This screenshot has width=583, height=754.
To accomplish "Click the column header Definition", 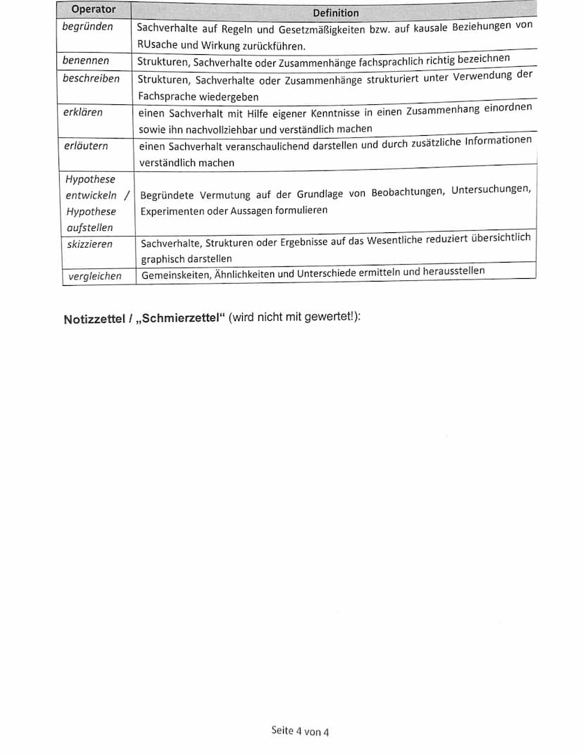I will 336,13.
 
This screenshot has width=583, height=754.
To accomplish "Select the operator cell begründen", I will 88,27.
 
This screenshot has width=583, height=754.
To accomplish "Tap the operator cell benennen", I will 86,61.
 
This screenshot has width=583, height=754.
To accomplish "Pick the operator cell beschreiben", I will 91,78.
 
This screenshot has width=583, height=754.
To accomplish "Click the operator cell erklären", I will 83,112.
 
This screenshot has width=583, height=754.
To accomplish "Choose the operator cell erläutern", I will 86,146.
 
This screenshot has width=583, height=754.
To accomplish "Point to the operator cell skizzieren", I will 89,244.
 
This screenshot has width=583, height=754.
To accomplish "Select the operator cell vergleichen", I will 95,276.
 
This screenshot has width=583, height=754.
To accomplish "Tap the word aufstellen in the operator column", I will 89,227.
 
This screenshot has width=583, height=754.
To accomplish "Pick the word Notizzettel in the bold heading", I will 94,319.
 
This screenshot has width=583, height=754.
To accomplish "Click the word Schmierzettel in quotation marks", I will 179,318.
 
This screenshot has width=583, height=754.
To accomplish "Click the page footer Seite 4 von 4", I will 300,731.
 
